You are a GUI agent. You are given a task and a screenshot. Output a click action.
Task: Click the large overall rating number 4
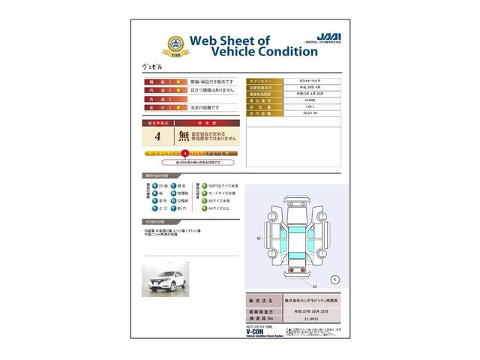(157, 136)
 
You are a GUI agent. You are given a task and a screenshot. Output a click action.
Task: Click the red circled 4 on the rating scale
(184, 153)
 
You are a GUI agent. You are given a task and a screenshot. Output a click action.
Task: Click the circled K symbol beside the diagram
(334, 279)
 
